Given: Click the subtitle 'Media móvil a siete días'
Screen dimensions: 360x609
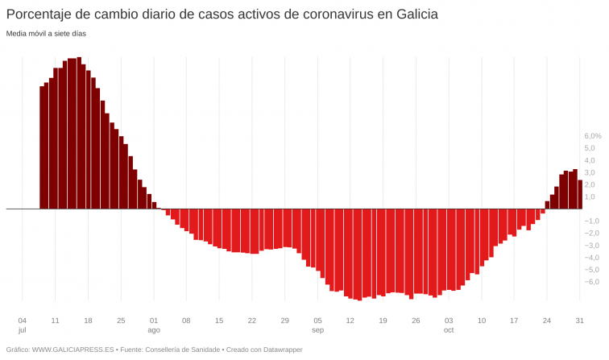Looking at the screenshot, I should (46, 34).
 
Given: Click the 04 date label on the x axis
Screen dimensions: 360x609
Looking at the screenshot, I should (22, 320).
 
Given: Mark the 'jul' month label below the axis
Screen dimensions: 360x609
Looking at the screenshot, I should (22, 330).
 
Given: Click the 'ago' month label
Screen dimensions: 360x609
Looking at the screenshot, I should (154, 330).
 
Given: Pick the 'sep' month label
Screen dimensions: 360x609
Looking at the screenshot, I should (317, 330).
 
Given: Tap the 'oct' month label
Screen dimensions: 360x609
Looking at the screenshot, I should (449, 330).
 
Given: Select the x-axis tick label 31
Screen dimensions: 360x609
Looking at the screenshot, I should (579, 320).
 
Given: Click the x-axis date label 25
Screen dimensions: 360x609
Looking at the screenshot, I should (121, 320).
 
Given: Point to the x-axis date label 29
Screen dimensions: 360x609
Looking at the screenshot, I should (284, 320).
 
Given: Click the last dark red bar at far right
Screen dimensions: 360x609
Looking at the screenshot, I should (580, 194).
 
